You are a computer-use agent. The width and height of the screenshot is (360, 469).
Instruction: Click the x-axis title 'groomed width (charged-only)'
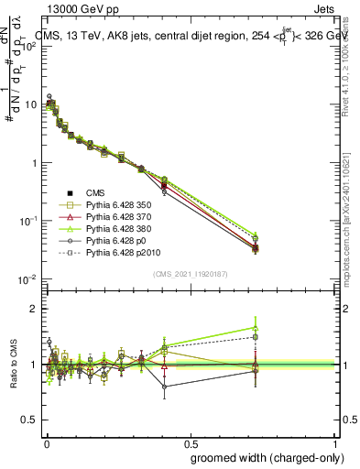(x=263, y=456)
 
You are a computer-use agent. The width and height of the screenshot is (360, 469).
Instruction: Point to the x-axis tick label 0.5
(x=191, y=443)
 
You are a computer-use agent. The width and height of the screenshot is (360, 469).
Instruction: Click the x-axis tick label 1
(x=334, y=443)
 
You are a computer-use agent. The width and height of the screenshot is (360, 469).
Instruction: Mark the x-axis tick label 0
(x=47, y=443)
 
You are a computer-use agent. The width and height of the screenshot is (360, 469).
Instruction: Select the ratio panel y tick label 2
(x=33, y=309)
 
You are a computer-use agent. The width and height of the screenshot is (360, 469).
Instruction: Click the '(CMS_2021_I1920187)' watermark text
(x=191, y=272)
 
